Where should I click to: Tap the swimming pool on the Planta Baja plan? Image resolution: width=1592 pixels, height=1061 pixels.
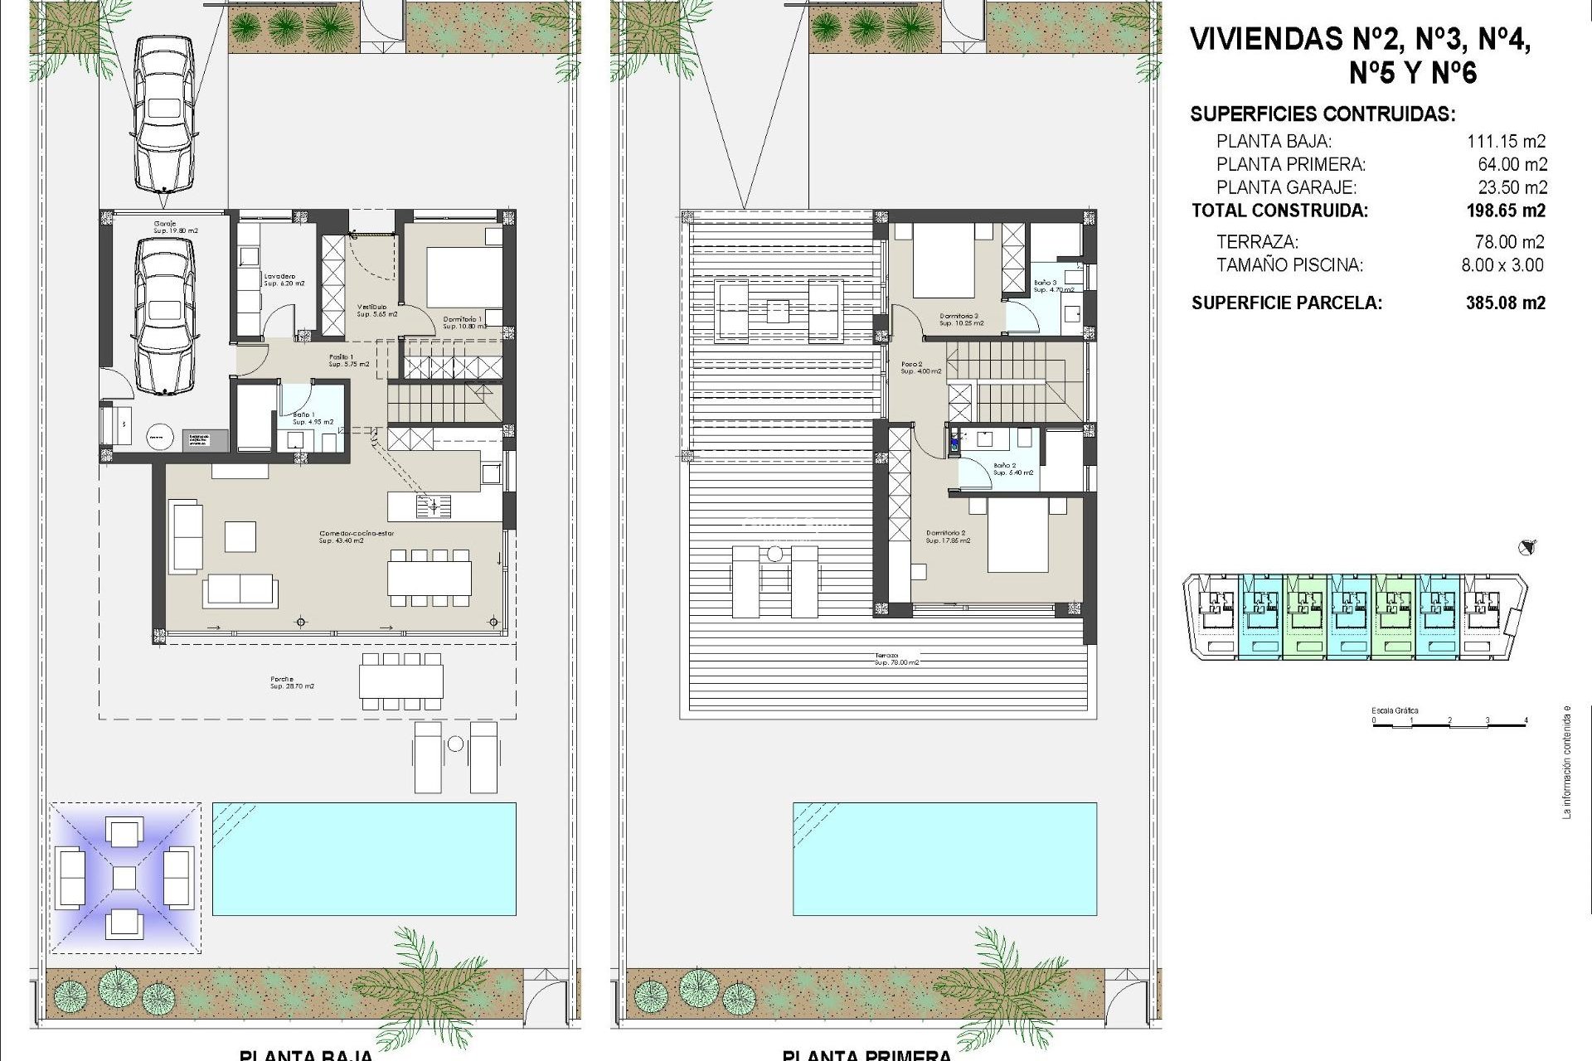coord(364,859)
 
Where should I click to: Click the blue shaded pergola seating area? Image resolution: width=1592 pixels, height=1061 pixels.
coord(124,877)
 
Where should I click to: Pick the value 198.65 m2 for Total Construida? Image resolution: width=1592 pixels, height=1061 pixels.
coord(1505,211)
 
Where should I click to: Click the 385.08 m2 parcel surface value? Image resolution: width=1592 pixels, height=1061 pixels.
coord(1505,303)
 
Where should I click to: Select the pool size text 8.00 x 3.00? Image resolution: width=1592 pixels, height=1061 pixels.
coord(1502,265)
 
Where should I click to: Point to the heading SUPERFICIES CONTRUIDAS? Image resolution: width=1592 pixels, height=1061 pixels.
coord(1322,114)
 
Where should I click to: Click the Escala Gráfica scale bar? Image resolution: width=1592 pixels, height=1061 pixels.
coord(1449,723)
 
